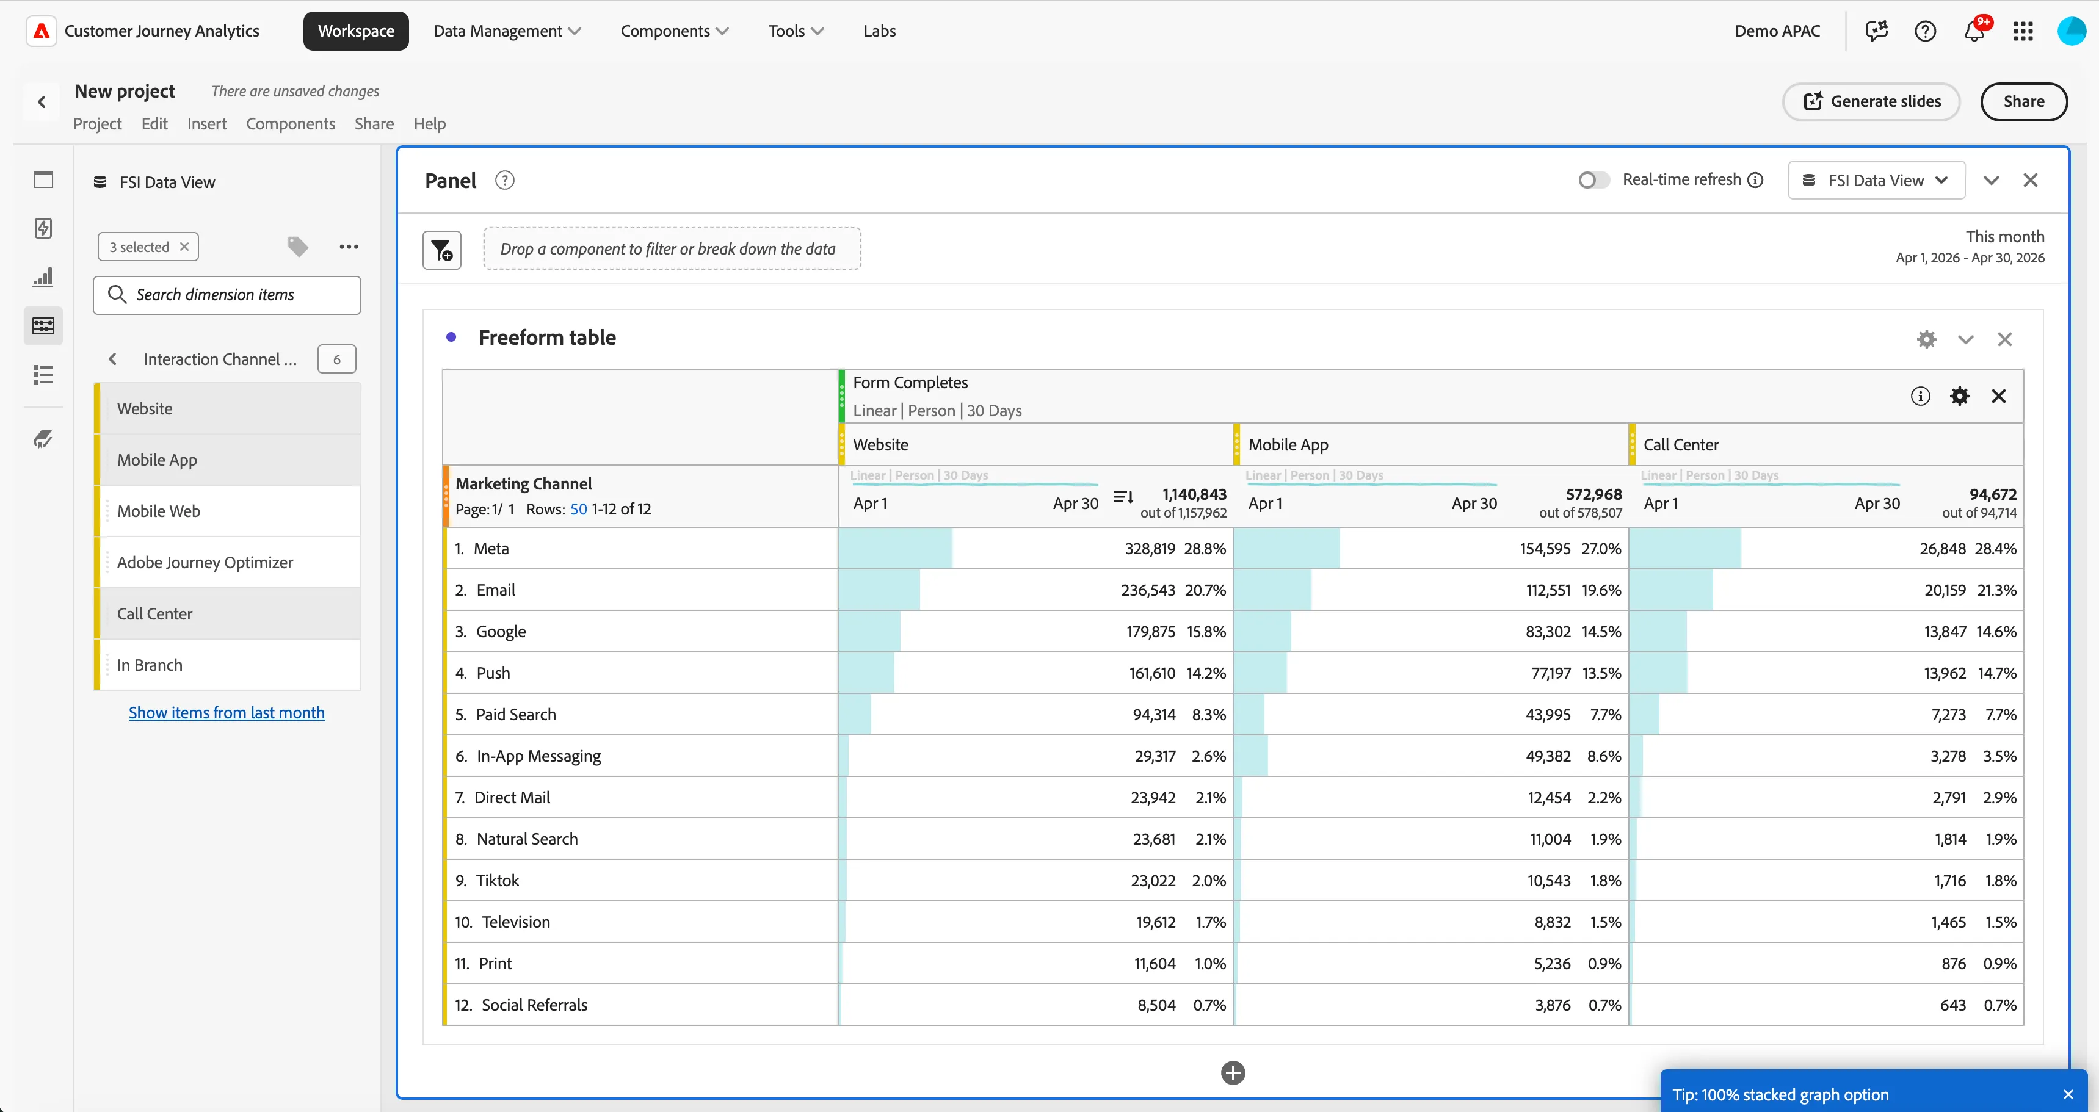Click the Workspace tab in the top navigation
pyautogui.click(x=356, y=31)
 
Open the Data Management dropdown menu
pyautogui.click(x=507, y=31)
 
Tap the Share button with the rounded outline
pyautogui.click(x=2023, y=102)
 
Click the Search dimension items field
pyautogui.click(x=227, y=295)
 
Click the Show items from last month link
pyautogui.click(x=227, y=713)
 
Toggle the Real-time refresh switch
pyautogui.click(x=1593, y=180)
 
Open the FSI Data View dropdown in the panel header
pyautogui.click(x=1876, y=180)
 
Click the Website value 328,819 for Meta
pyautogui.click(x=1150, y=548)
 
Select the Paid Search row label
pyautogui.click(x=516, y=715)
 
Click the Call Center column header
pyautogui.click(x=1681, y=445)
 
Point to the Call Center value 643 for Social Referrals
pyautogui.click(x=1952, y=1005)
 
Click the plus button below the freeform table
pyautogui.click(x=1233, y=1073)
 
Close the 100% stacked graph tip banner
pyautogui.click(x=2067, y=1095)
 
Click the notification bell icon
pyautogui.click(x=1973, y=31)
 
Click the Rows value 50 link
pyautogui.click(x=579, y=509)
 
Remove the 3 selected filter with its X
pyautogui.click(x=184, y=247)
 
